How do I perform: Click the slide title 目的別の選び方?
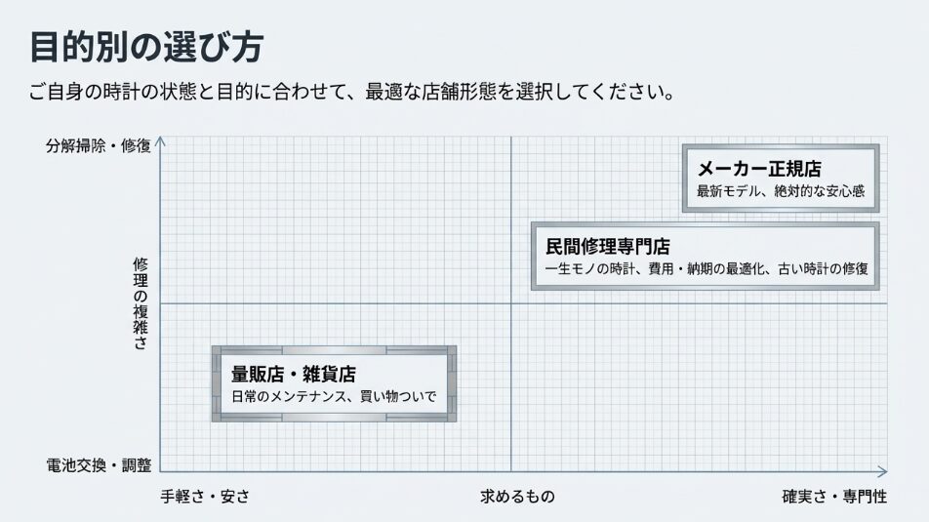click(x=145, y=47)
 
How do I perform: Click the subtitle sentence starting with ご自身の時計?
click(x=352, y=95)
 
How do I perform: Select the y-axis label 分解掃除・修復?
click(x=98, y=146)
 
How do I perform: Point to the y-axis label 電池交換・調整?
click(x=98, y=465)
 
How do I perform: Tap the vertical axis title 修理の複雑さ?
click(x=141, y=303)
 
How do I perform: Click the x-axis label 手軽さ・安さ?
click(x=205, y=497)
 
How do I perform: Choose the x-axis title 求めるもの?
click(x=517, y=497)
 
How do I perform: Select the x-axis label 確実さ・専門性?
click(x=834, y=497)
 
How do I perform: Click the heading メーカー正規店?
click(x=758, y=169)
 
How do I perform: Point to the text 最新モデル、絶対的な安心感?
click(x=780, y=191)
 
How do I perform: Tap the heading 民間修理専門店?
click(x=607, y=246)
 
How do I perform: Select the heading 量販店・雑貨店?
click(x=293, y=374)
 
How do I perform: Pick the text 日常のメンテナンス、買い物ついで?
click(x=333, y=397)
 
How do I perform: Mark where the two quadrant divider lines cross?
click(x=510, y=303)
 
